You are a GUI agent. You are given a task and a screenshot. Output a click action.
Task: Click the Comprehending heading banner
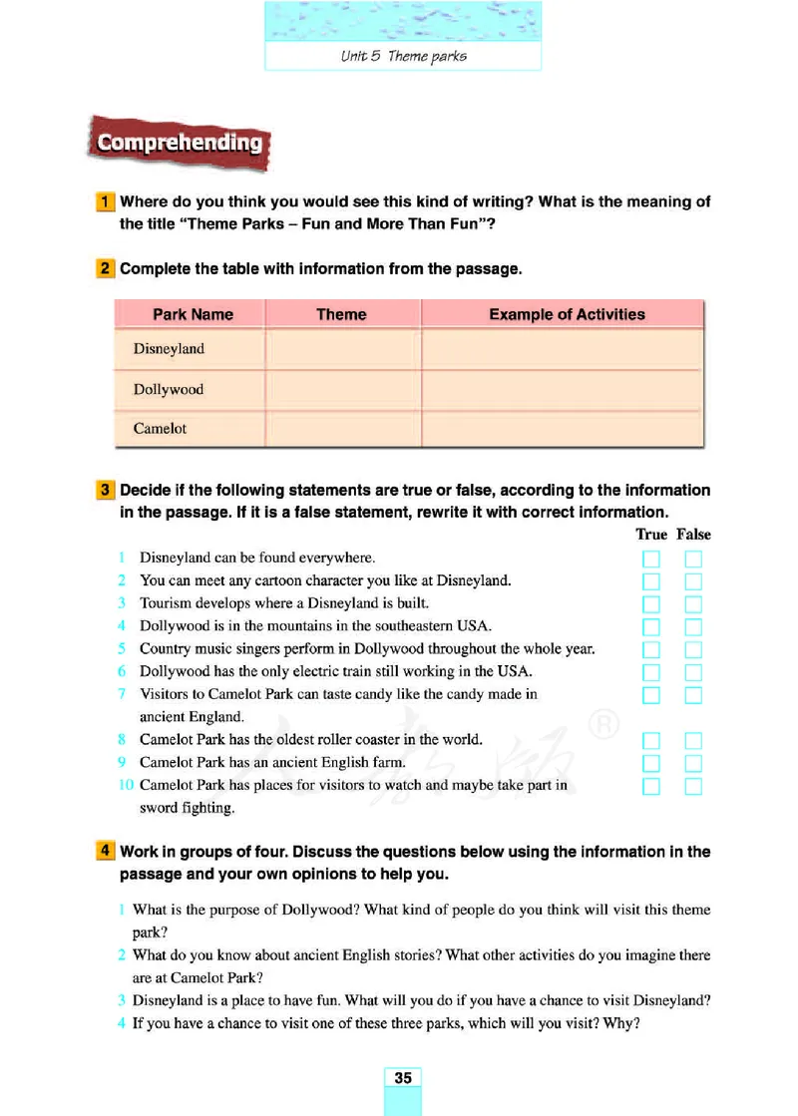point(180,143)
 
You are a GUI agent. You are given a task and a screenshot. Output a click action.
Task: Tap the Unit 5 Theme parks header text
point(403,56)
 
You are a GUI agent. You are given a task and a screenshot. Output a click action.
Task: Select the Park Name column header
point(193,314)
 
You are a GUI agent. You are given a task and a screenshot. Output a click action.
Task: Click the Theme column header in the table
point(341,314)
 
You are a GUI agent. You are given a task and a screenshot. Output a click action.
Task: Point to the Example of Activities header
point(567,314)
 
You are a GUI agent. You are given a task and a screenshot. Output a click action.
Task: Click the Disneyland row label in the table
point(169,349)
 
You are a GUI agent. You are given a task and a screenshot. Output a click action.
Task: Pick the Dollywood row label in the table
point(168,389)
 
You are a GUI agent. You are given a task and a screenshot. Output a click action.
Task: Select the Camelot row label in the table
point(160,429)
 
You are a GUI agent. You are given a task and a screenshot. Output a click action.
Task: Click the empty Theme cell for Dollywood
point(342,389)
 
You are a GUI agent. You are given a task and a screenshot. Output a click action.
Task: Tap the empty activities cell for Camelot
point(563,429)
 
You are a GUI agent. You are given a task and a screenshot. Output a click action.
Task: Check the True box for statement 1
point(651,558)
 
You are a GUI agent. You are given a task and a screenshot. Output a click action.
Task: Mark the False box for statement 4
point(693,627)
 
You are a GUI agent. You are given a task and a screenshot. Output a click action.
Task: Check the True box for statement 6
point(651,672)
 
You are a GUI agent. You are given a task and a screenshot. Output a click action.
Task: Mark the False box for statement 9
point(693,764)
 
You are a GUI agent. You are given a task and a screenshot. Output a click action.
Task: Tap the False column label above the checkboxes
point(693,535)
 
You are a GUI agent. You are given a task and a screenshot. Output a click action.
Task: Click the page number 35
point(403,1077)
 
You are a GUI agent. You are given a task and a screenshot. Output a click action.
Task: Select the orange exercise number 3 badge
point(105,491)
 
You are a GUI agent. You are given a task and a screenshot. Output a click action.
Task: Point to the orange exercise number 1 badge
point(105,201)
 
